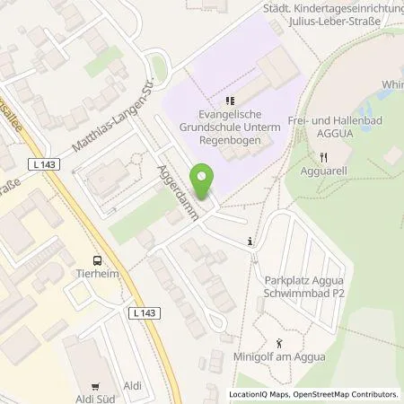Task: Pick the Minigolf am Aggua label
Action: tap(288, 360)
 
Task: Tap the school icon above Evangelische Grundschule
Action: tap(231, 101)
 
